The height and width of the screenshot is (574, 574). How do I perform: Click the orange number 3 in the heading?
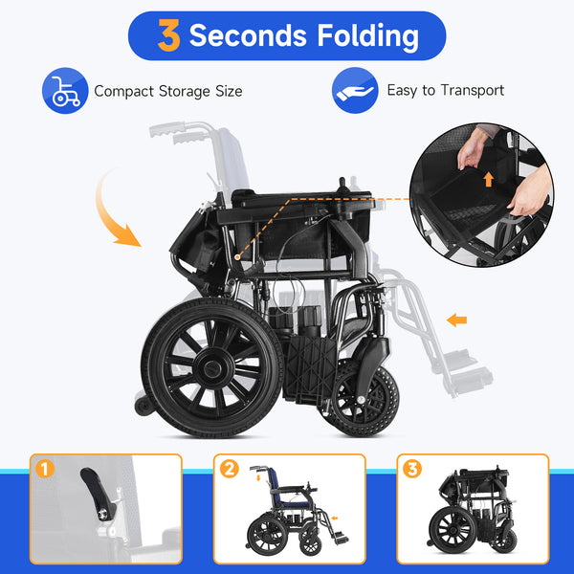pyautogui.click(x=168, y=36)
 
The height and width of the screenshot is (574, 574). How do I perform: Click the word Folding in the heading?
pyautogui.click(x=365, y=36)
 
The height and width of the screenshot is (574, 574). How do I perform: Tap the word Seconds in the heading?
pyautogui.click(x=248, y=36)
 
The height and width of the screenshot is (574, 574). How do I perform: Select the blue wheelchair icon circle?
pyautogui.click(x=65, y=91)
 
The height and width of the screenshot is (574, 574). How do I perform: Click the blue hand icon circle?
pyautogui.click(x=355, y=91)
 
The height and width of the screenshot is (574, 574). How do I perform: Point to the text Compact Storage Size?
pyautogui.click(x=167, y=92)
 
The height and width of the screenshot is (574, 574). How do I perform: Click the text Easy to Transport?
pyautogui.click(x=445, y=91)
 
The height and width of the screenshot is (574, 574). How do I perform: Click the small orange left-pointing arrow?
pyautogui.click(x=456, y=319)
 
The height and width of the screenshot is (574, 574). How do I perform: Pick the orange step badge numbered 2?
pyautogui.click(x=229, y=469)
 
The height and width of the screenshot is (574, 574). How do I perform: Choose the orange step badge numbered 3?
pyautogui.click(x=411, y=469)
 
